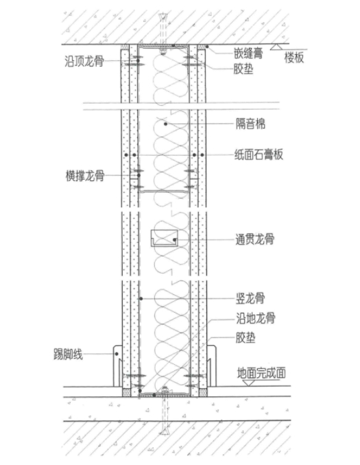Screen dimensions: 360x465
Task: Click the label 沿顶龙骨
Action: [x=84, y=61]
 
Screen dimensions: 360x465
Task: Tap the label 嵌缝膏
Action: [x=248, y=53]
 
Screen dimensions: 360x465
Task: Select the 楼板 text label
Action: [x=294, y=57]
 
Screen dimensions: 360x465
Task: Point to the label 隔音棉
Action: [x=250, y=123]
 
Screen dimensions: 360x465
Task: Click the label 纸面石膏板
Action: [x=259, y=154]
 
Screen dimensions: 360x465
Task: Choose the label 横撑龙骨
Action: [x=85, y=176]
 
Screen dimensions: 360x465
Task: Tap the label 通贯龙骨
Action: [x=254, y=239]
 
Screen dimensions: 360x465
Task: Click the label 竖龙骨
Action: [x=250, y=298]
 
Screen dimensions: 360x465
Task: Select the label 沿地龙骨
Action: [x=256, y=318]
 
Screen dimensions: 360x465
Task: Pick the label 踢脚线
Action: [x=68, y=354]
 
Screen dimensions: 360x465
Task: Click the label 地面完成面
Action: [x=261, y=373]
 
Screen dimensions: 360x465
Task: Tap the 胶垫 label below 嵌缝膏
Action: [x=243, y=69]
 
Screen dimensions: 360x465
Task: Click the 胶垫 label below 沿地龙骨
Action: [x=245, y=338]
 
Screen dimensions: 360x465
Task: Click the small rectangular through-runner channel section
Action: [x=165, y=238]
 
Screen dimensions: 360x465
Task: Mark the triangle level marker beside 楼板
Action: [x=278, y=47]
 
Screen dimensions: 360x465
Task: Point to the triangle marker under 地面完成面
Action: [x=249, y=383]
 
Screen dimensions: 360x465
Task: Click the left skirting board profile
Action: [x=117, y=366]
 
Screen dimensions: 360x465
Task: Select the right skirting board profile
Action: [x=211, y=366]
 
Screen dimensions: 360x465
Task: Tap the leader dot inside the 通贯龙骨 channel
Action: [x=175, y=239]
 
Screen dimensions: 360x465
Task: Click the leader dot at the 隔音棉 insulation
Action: [x=166, y=124]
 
